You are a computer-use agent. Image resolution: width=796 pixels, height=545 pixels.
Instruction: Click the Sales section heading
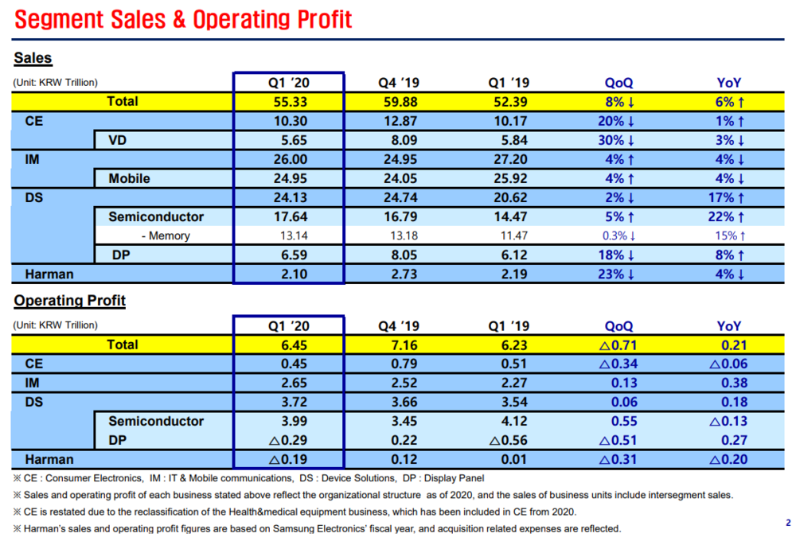click(x=33, y=58)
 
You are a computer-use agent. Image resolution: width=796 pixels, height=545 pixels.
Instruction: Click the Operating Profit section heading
click(x=69, y=301)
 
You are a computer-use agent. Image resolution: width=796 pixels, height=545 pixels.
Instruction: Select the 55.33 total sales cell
click(x=291, y=102)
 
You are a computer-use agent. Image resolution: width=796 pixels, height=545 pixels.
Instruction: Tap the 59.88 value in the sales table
click(x=400, y=102)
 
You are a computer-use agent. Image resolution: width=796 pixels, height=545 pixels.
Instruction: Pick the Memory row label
click(x=166, y=236)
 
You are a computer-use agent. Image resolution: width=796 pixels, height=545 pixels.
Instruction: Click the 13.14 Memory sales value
click(x=294, y=236)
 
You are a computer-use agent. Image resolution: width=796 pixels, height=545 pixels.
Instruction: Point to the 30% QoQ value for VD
click(x=616, y=141)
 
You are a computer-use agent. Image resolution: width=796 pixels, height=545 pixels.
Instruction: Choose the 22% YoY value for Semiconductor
click(x=727, y=217)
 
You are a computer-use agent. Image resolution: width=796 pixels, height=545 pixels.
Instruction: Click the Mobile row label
click(x=129, y=179)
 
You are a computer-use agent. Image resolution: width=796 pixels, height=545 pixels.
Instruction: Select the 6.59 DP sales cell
click(x=295, y=255)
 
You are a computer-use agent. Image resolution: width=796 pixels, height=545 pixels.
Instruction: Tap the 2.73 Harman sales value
click(x=404, y=274)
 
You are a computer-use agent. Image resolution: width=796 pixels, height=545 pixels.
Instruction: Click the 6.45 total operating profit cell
click(x=295, y=345)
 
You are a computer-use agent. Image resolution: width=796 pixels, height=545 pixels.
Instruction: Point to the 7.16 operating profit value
click(x=404, y=345)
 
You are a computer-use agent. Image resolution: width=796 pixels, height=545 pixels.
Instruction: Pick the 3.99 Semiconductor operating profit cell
click(x=295, y=421)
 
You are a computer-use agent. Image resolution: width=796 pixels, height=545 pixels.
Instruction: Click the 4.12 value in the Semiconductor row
click(x=514, y=421)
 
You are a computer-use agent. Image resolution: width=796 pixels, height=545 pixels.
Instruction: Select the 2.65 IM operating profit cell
click(x=295, y=383)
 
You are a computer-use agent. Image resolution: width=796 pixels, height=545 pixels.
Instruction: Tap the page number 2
click(x=788, y=523)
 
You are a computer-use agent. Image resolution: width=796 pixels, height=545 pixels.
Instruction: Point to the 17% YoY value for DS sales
click(x=727, y=198)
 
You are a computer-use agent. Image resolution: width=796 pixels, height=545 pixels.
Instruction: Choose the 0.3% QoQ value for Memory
click(x=619, y=236)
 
